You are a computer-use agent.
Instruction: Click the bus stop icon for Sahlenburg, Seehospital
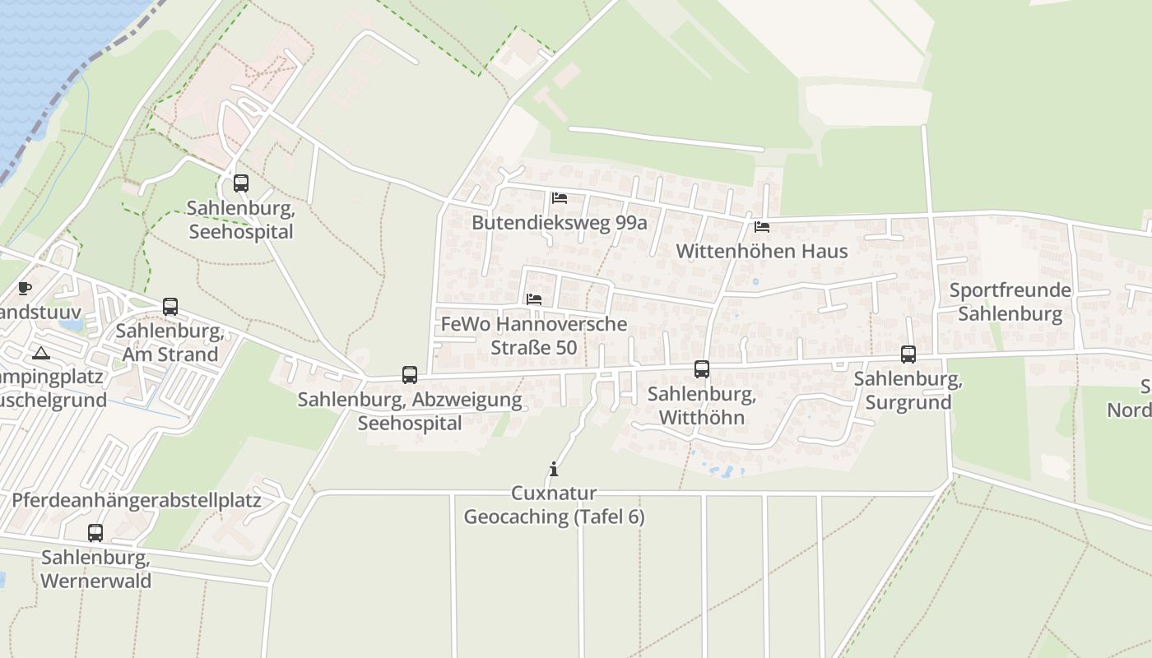click(x=241, y=183)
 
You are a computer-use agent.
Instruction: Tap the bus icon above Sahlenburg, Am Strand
click(x=170, y=307)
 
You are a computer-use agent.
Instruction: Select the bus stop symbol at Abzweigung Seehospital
click(x=410, y=375)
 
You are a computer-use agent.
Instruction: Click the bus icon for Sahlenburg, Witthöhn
click(x=702, y=369)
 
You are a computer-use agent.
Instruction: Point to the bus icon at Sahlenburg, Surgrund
click(x=908, y=354)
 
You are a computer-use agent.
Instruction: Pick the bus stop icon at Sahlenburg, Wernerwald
click(x=95, y=533)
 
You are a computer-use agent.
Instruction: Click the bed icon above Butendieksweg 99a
click(x=560, y=198)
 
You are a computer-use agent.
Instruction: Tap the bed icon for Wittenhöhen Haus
click(x=762, y=226)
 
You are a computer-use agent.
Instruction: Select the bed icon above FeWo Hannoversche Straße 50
click(x=534, y=299)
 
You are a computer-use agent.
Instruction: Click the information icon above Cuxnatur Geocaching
click(x=554, y=470)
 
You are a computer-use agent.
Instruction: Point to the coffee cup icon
click(x=24, y=288)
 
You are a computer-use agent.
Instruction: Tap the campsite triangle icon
click(x=40, y=354)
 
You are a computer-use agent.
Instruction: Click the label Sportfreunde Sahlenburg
click(x=1010, y=302)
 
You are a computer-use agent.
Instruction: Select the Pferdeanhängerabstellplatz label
click(x=137, y=500)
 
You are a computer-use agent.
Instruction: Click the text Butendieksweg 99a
click(x=560, y=223)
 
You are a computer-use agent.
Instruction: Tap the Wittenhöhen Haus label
click(x=762, y=251)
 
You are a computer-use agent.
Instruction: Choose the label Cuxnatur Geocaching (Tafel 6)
click(x=554, y=505)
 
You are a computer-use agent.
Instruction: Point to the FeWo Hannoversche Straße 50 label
click(x=534, y=336)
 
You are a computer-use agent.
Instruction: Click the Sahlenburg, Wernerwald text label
click(x=95, y=569)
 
